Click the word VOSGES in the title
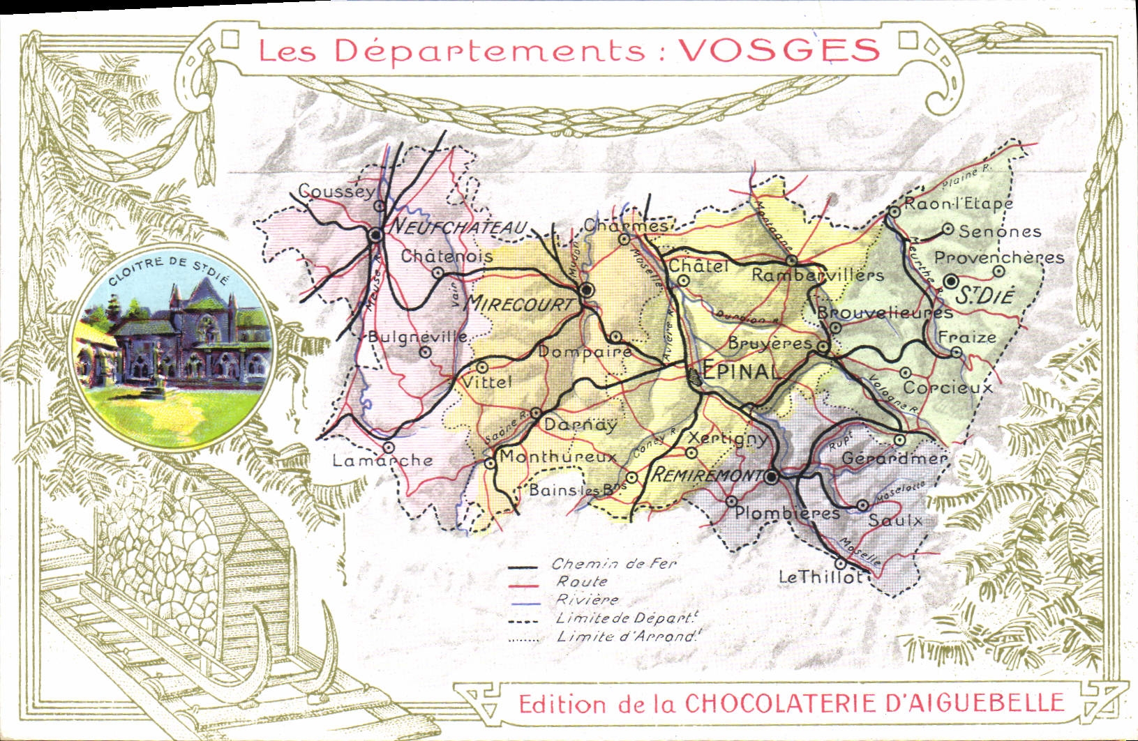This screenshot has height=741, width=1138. (779, 50)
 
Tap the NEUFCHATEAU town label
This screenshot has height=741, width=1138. (458, 227)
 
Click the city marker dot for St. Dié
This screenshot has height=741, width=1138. (951, 281)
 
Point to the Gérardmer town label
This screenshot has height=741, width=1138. (894, 459)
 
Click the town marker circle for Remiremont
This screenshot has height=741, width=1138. (771, 478)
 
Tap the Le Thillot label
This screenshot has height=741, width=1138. (820, 577)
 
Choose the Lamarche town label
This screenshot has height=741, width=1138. (382, 461)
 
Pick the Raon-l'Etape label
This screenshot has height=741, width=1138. (957, 204)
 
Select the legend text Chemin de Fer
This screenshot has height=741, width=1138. (614, 564)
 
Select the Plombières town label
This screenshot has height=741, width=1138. (787, 514)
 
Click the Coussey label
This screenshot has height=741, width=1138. (336, 191)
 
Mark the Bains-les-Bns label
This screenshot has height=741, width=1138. (576, 490)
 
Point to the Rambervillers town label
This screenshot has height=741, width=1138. (817, 275)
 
